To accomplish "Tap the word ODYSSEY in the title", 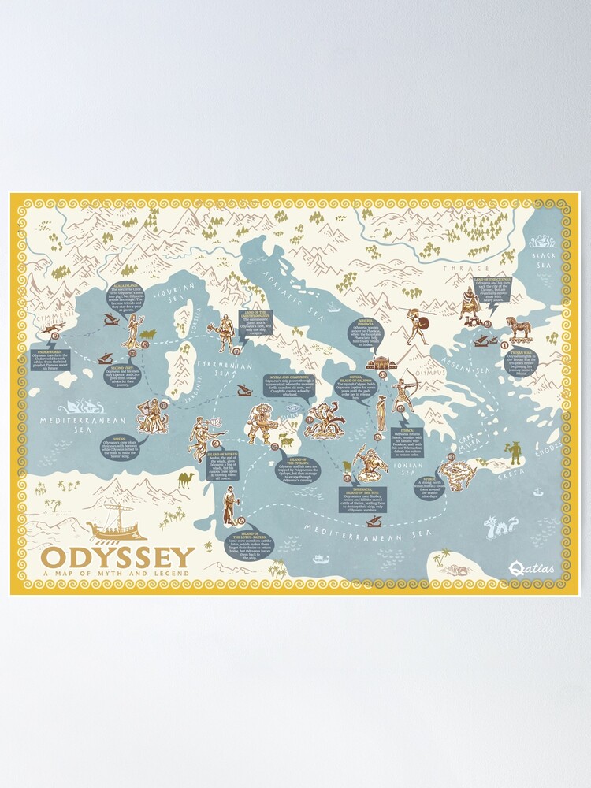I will (x=118, y=558).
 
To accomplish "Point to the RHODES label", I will (x=545, y=453).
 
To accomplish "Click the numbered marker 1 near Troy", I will (x=504, y=344).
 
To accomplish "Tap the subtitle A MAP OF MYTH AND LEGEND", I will (x=118, y=573).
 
